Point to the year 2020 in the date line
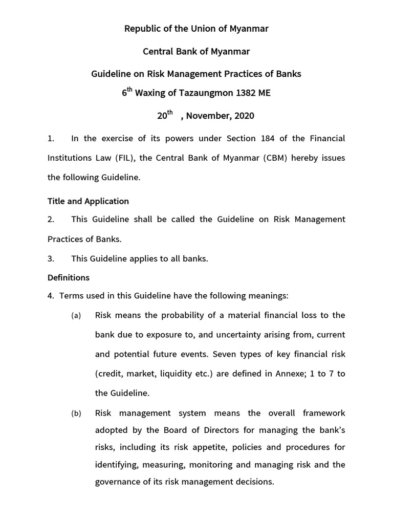tap(244, 116)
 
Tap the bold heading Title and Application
tap(88, 201)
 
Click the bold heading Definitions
tap(69, 278)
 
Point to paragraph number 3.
tap(51, 259)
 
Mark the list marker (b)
tap(76, 413)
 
